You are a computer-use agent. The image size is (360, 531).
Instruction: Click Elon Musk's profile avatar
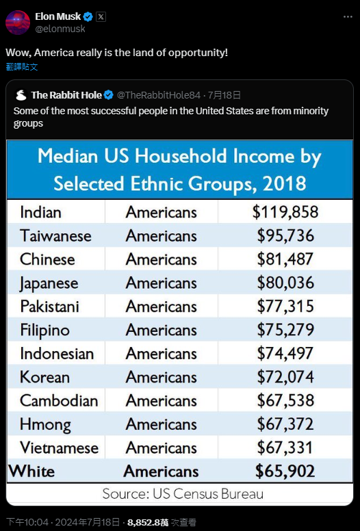coord(18,23)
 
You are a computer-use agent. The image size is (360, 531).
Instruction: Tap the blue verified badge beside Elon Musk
coord(88,16)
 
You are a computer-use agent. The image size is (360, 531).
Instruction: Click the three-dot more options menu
coord(348,17)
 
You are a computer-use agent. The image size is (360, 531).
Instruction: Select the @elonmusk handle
coord(60,29)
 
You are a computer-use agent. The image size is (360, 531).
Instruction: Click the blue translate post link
coord(22,66)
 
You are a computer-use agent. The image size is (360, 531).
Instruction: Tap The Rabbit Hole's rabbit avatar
coord(21,95)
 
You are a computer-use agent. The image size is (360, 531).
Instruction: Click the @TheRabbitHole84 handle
coord(159,95)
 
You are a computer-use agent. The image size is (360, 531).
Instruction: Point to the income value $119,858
coord(285,212)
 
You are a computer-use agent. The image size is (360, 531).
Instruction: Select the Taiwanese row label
coord(55,235)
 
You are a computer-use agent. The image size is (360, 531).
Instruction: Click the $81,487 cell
coord(285,259)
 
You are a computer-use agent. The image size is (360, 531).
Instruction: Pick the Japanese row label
coord(49,283)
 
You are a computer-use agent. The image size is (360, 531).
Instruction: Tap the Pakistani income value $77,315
coord(285,306)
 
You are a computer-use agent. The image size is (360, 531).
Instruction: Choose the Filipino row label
coord(44,331)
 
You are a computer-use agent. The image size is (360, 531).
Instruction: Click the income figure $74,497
coord(285,353)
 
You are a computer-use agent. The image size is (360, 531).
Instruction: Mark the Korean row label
coord(44,377)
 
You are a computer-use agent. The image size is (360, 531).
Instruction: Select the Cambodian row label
coord(59,400)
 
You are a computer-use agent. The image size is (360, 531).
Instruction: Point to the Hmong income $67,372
coord(285,424)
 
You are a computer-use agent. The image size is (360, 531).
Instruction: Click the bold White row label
coord(31,471)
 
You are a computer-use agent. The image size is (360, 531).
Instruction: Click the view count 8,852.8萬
coord(148,522)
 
